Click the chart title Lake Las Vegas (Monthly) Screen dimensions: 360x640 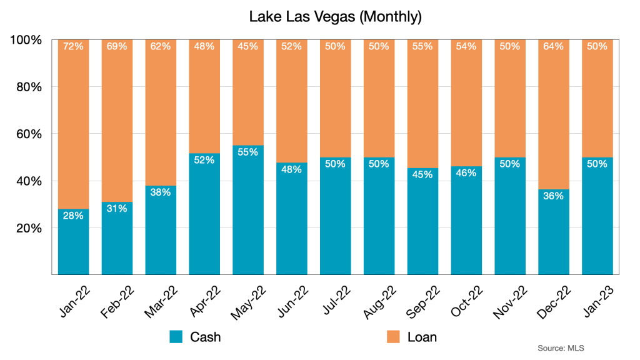coord(335,16)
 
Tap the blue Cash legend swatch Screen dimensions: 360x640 coord(176,337)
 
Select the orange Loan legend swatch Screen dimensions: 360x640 coord(393,337)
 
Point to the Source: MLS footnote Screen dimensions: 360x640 coord(560,347)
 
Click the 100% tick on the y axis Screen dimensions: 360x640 coord(26,40)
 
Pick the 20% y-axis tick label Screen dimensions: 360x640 coord(28,228)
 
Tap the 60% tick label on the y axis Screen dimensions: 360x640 coord(28,134)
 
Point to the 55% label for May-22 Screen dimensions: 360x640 coord(247,152)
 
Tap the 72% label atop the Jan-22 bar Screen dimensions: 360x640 coord(73,46)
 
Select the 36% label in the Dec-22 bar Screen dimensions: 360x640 coord(553,196)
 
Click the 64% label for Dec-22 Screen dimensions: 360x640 coord(553,46)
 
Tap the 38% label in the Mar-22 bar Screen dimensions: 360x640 coord(161,192)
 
